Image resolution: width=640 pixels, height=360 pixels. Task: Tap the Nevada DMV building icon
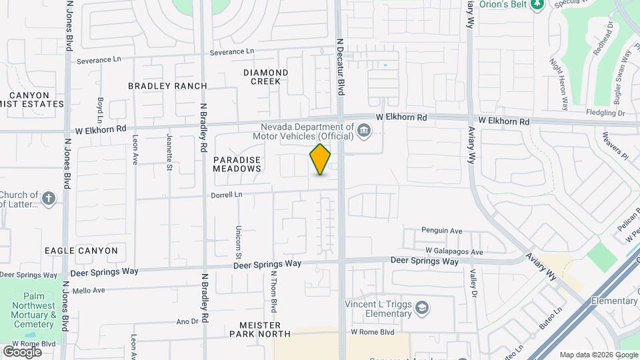tap(364, 130)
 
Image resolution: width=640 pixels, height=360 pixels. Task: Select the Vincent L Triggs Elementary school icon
tap(421, 307)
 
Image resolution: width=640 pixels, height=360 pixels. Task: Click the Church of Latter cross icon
tap(48, 199)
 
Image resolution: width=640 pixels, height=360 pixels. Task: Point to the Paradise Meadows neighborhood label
tap(237, 165)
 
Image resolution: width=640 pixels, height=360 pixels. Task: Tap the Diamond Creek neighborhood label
tap(265, 77)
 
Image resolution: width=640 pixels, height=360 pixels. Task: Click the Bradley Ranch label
tap(167, 86)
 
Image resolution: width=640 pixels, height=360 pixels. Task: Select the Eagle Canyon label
tap(81, 251)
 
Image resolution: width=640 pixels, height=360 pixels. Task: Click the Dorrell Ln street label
tap(227, 194)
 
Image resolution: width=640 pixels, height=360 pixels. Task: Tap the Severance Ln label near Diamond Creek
tap(232, 51)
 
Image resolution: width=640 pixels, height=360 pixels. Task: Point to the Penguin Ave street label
tap(441, 231)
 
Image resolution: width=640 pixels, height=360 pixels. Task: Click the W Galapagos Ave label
tap(454, 252)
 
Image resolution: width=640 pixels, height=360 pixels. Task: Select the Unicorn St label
tap(238, 241)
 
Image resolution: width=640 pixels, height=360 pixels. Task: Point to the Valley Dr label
tap(474, 283)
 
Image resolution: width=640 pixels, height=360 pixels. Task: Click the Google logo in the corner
tap(22, 351)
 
